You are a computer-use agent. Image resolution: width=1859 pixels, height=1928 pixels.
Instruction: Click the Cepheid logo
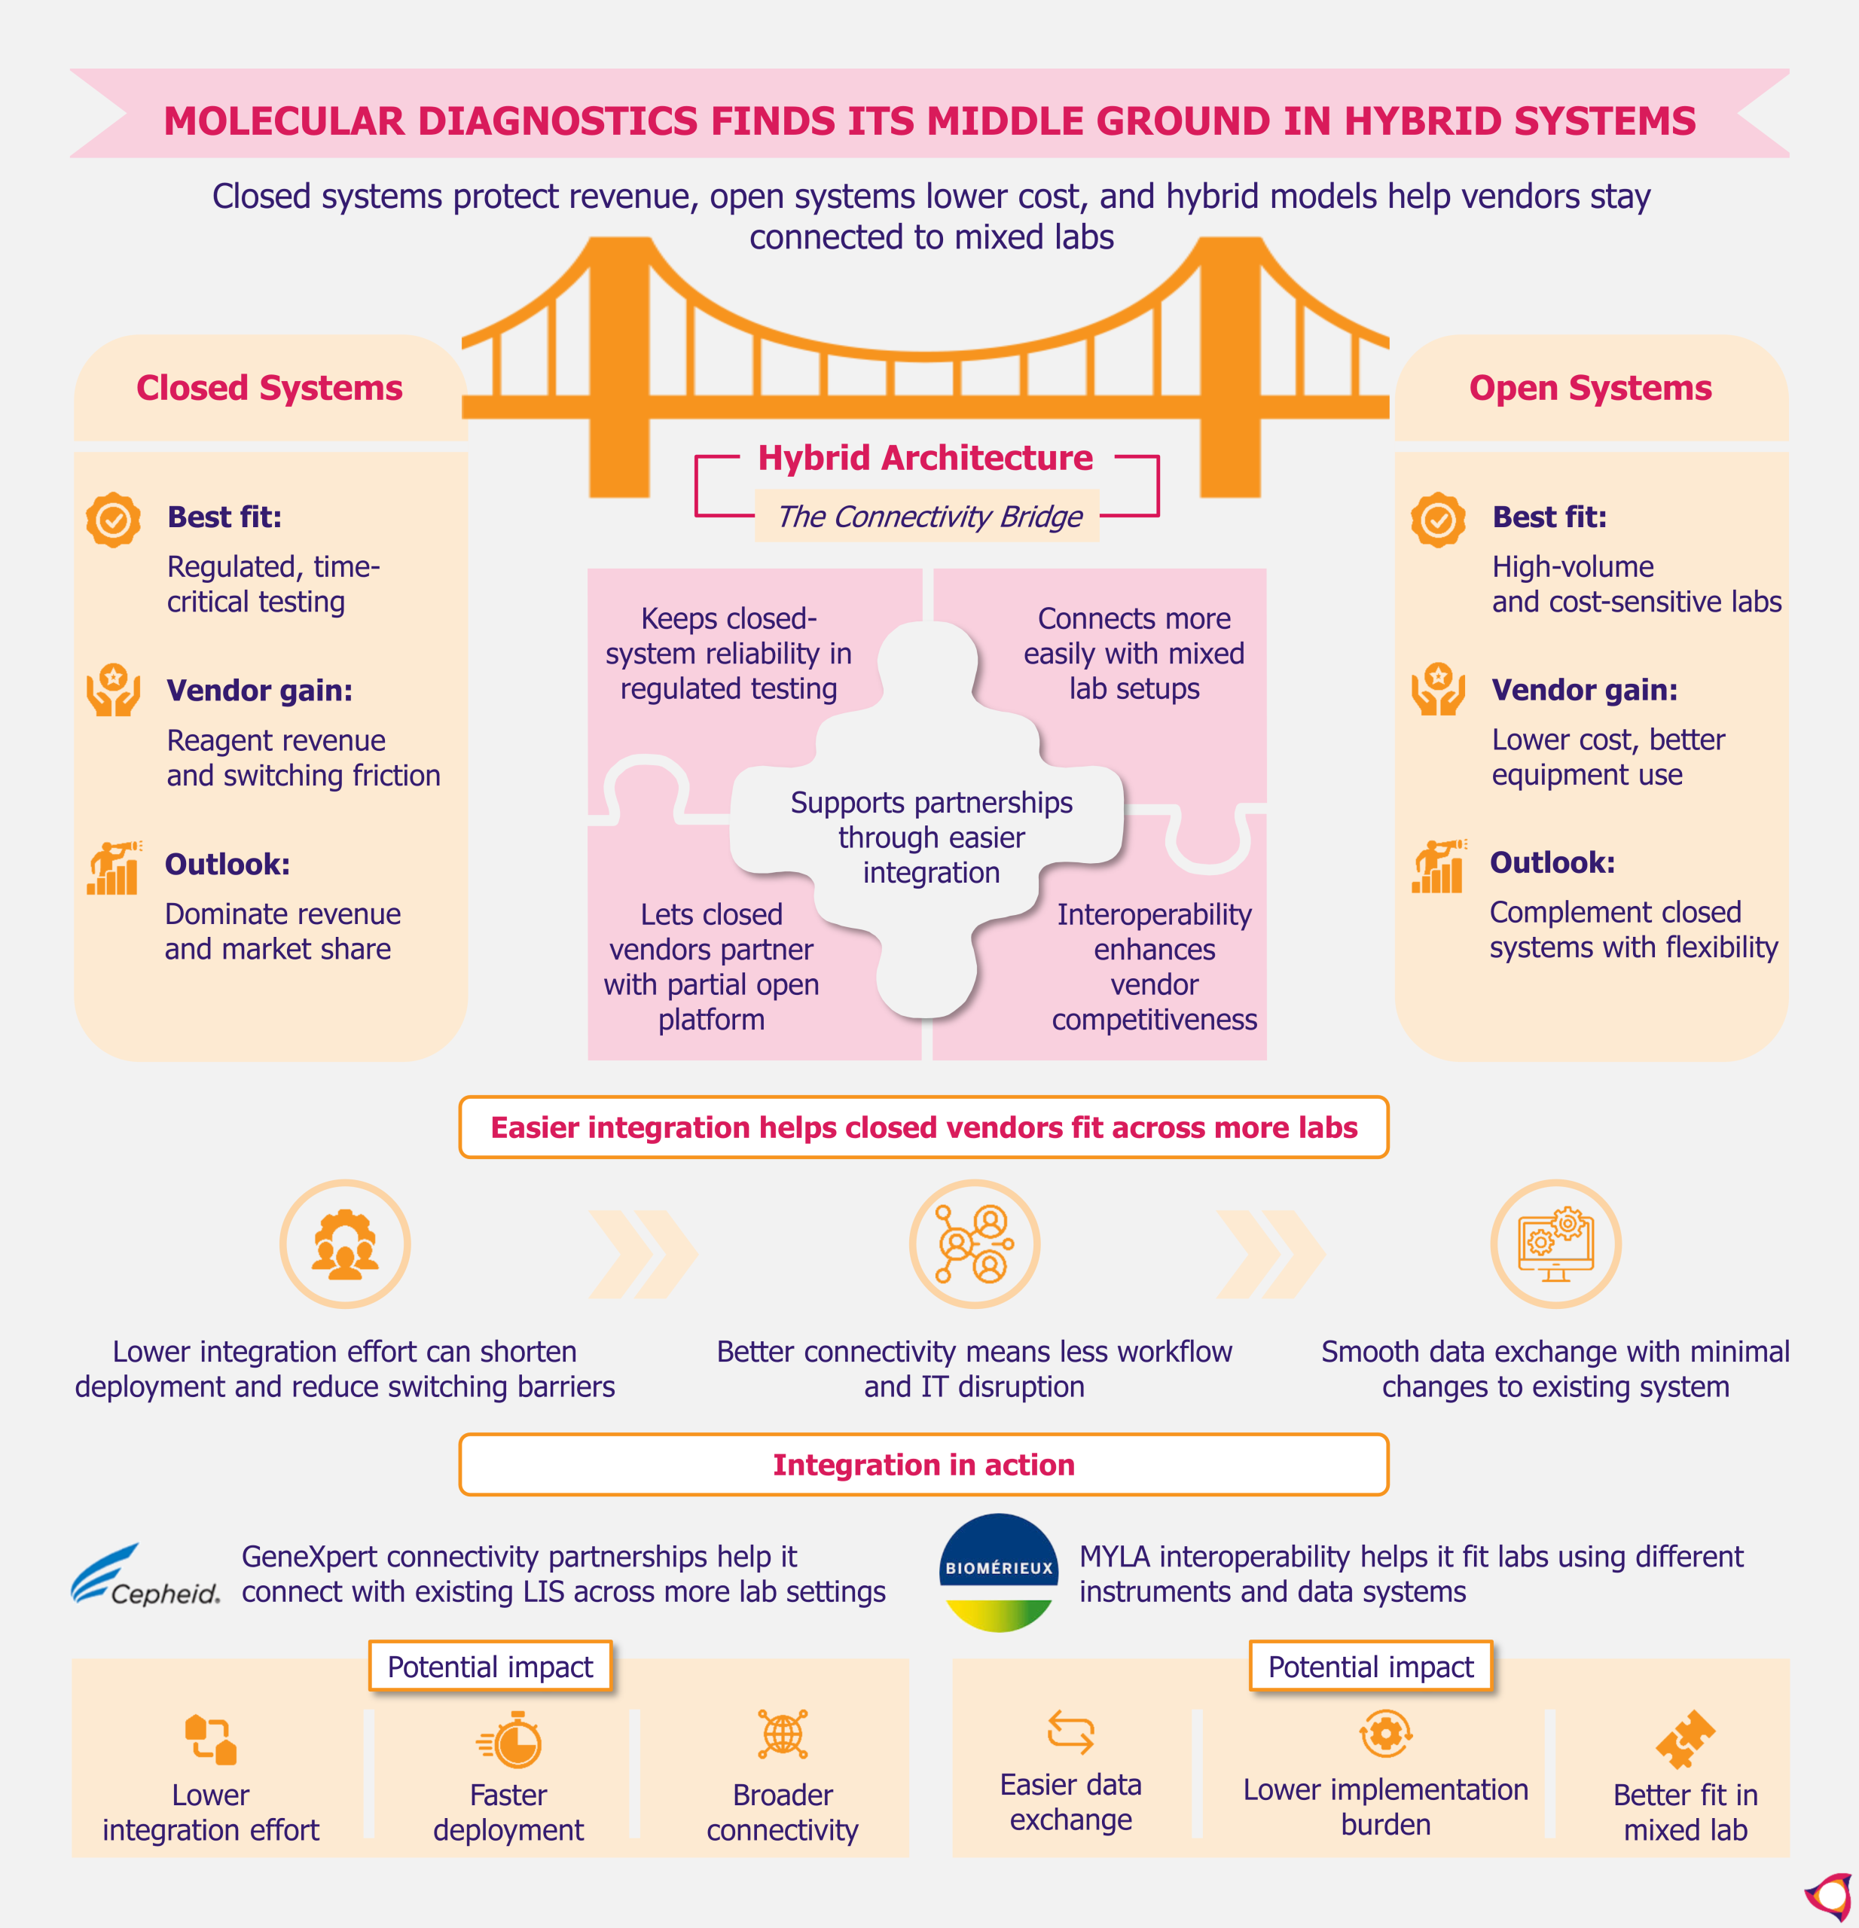(145, 1575)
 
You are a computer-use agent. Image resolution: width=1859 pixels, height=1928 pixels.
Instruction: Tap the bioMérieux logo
(1000, 1572)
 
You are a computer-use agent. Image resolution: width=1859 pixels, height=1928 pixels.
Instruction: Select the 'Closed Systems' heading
(270, 388)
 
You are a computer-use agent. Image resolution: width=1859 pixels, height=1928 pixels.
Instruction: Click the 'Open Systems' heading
(1591, 388)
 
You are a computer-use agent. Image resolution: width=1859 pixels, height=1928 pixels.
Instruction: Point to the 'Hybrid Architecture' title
(926, 457)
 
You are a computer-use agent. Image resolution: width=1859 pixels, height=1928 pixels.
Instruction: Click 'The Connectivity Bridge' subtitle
(929, 517)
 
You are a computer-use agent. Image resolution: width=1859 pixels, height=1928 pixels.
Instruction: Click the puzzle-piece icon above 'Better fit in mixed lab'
(1685, 1739)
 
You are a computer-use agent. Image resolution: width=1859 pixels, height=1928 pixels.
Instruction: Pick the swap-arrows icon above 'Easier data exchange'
(1071, 1732)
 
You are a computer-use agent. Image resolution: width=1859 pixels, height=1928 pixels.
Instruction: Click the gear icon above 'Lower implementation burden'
(1386, 1733)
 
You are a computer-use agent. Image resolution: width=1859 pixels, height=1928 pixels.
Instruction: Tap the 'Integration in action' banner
(923, 1465)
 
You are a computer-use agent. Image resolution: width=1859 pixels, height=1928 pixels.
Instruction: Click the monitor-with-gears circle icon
(1556, 1244)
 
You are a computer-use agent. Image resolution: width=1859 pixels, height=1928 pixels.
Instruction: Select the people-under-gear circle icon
(345, 1244)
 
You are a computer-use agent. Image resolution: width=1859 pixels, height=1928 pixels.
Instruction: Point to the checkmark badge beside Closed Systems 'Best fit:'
(113, 520)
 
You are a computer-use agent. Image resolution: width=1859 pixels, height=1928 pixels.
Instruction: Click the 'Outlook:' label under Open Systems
(1552, 862)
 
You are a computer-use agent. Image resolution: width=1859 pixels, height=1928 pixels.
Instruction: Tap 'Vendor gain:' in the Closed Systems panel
(260, 691)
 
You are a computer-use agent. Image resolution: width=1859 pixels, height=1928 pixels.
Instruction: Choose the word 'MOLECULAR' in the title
(284, 121)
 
